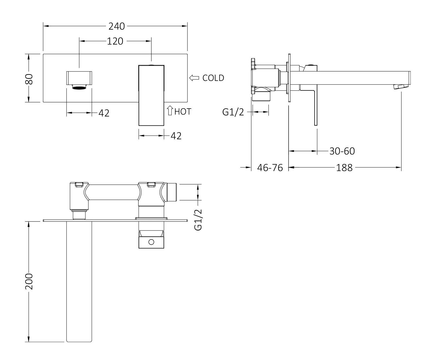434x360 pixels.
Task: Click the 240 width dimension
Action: [117, 26]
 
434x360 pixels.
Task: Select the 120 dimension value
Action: [115, 41]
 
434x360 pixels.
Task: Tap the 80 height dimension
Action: [29, 79]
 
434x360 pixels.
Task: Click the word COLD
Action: [213, 78]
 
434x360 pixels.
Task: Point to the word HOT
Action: [183, 112]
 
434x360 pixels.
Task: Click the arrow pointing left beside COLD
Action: [194, 78]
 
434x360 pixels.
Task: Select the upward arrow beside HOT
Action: [170, 111]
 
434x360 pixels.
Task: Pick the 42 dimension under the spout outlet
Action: [104, 113]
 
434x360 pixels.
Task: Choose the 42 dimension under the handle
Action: [176, 136]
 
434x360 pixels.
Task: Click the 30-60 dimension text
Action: [342, 151]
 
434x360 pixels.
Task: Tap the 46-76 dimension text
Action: [270, 168]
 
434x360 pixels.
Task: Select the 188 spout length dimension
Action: [344, 168]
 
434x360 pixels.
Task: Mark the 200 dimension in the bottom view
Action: [29, 281]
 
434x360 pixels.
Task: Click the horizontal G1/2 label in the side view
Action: [233, 112]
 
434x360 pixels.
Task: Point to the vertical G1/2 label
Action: [199, 220]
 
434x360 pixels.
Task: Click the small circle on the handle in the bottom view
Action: [151, 242]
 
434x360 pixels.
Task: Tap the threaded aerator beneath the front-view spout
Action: [79, 87]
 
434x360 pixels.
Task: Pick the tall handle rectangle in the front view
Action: [151, 95]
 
